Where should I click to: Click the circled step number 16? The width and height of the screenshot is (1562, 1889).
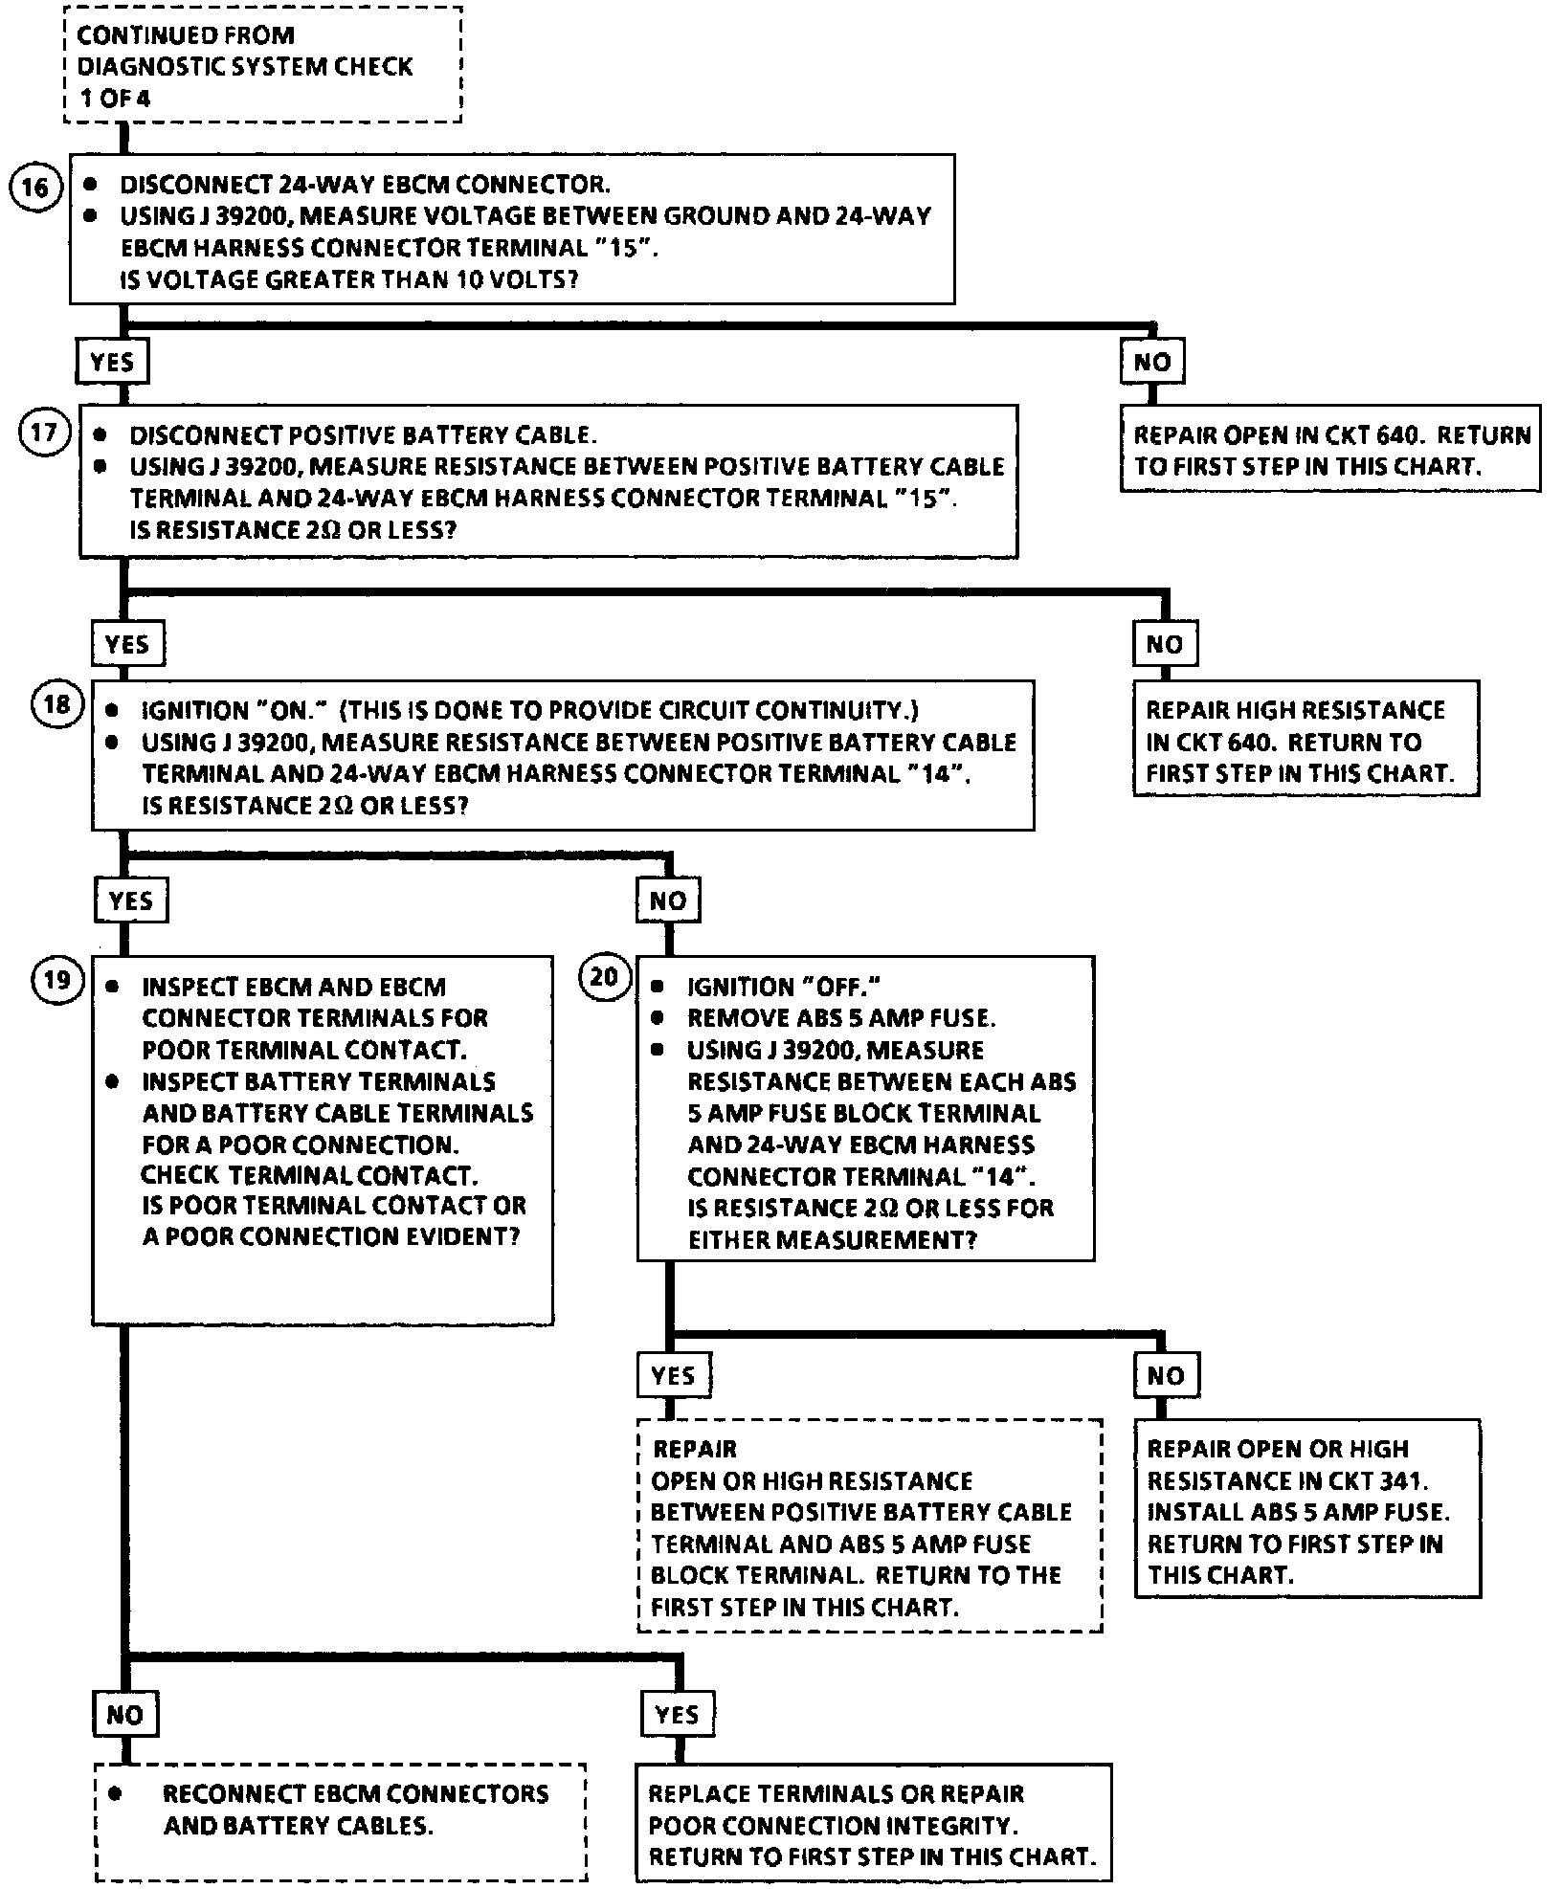[34, 187]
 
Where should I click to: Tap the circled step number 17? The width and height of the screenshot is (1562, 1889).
[44, 433]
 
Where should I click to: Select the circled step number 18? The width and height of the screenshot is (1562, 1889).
[57, 704]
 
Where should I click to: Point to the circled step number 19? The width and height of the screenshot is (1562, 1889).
[57, 980]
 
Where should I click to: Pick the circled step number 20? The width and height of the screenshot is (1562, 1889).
[604, 978]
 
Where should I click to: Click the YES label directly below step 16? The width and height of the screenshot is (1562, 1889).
[112, 362]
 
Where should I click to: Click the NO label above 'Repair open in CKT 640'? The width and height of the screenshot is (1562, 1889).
[1151, 362]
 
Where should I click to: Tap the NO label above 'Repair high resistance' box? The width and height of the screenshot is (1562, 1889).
[1164, 644]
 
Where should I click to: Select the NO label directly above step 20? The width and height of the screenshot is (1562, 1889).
[667, 900]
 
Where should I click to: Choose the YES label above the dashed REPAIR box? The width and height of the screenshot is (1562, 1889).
[673, 1376]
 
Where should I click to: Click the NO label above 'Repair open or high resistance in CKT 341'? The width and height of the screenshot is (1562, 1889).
[1165, 1376]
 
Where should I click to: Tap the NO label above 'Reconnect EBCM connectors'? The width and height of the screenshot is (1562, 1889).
[124, 1714]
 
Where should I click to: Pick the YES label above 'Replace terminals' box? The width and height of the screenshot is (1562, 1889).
[677, 1714]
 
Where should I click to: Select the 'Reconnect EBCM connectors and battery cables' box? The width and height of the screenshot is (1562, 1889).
[340, 1820]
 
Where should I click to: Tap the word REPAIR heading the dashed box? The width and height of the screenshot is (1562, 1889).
[695, 1449]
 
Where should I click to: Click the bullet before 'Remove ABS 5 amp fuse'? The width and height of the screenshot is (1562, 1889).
[657, 1018]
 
